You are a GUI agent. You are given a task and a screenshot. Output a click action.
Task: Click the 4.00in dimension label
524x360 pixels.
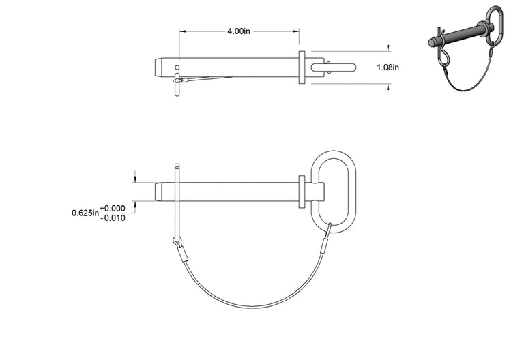pyautogui.click(x=239, y=31)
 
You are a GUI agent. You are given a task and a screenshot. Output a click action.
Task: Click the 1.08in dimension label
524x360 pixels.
pyautogui.click(x=388, y=67)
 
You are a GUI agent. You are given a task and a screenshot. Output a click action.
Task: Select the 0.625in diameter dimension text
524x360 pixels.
pyautogui.click(x=85, y=213)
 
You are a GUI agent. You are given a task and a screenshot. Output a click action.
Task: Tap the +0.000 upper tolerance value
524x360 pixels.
pyautogui.click(x=113, y=209)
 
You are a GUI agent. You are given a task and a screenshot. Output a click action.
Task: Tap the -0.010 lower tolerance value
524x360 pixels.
pyautogui.click(x=113, y=218)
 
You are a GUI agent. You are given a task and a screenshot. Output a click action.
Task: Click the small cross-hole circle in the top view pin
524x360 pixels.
pyautogui.click(x=177, y=67)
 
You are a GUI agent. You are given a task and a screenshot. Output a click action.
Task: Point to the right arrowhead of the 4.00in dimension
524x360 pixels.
pyautogui.click(x=295, y=31)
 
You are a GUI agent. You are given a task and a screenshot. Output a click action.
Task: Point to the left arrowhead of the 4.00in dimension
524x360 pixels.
pyautogui.click(x=182, y=31)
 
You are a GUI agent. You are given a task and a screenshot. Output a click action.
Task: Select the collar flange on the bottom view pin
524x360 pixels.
pyautogui.click(x=302, y=192)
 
